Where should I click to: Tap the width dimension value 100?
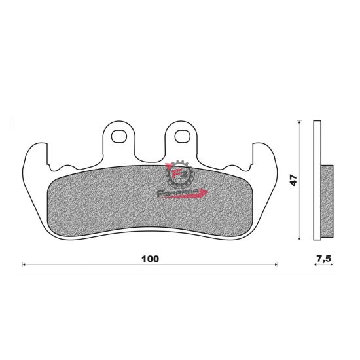[150, 259]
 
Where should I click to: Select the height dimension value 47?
[295, 180]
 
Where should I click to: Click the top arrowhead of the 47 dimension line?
[300, 124]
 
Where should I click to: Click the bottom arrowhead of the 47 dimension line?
[300, 237]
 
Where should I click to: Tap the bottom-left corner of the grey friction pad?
[52, 226]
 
